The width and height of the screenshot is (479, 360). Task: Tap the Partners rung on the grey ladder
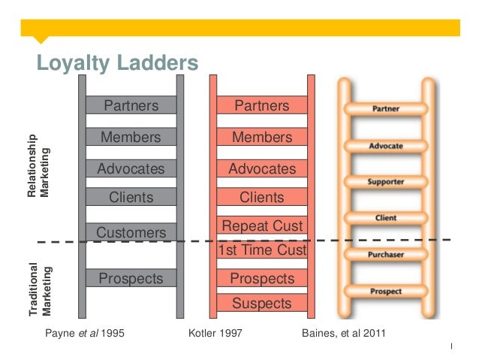pos(131,106)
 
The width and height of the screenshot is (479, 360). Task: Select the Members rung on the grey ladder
pos(131,138)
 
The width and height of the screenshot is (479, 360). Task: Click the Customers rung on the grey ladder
pos(131,233)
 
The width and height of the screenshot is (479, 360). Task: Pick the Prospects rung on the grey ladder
pos(131,279)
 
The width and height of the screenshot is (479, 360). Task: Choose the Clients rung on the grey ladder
pos(131,198)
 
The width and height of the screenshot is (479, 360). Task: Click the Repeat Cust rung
pos(261,226)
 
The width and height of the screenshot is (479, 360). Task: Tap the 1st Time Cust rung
pos(261,250)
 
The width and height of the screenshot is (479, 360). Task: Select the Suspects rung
pos(261,304)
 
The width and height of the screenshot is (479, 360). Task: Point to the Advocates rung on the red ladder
pos(261,169)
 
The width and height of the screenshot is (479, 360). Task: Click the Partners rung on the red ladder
pos(261,106)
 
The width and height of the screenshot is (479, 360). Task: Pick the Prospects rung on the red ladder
pos(261,279)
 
